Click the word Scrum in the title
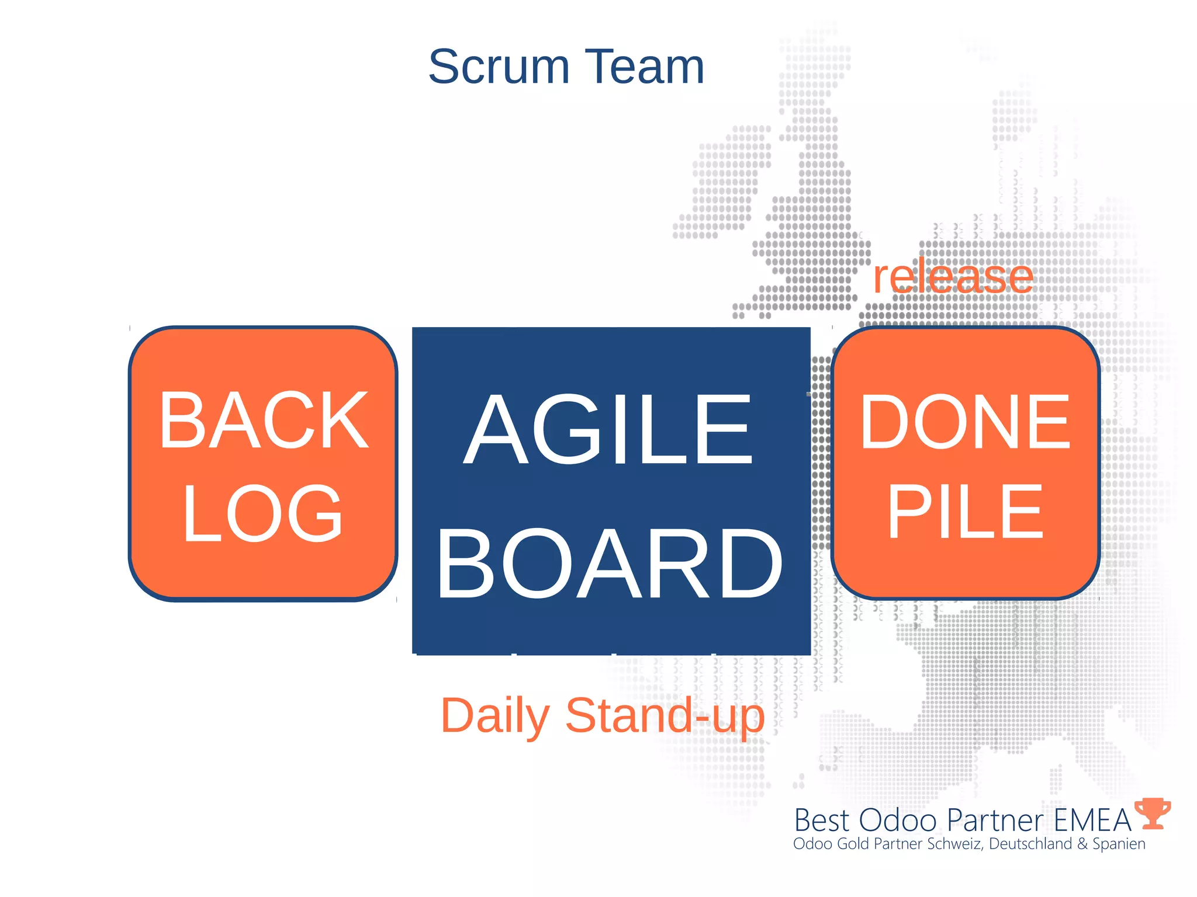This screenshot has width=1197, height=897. pos(499,67)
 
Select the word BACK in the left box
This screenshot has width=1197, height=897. pos(264,421)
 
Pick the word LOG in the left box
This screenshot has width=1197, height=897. pos(262,513)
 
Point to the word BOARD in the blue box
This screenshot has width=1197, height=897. pos(610,564)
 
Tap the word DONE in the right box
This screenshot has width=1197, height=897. pos(965,422)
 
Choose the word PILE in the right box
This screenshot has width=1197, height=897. pos(965,512)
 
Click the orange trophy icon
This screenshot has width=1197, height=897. pos(1152,813)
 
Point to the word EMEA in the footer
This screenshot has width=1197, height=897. pos(1092,820)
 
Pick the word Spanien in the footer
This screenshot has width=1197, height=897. pos(1119,844)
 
